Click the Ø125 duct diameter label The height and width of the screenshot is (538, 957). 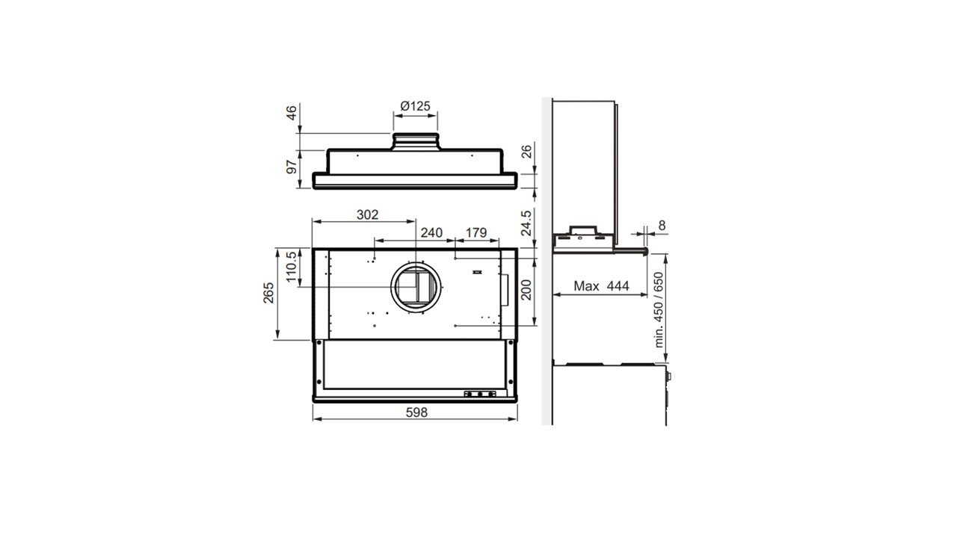(x=415, y=106)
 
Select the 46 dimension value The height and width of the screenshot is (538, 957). (x=291, y=113)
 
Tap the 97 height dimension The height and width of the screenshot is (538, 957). (x=292, y=167)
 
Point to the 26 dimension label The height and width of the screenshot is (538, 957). (x=527, y=151)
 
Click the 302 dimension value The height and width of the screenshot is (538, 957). (x=367, y=214)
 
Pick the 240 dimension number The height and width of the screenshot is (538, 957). (x=431, y=232)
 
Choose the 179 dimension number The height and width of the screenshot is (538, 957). (x=476, y=232)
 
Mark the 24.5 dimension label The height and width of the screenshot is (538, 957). (x=526, y=223)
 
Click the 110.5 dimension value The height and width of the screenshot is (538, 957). (x=291, y=267)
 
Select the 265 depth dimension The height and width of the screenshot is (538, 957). (x=268, y=293)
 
